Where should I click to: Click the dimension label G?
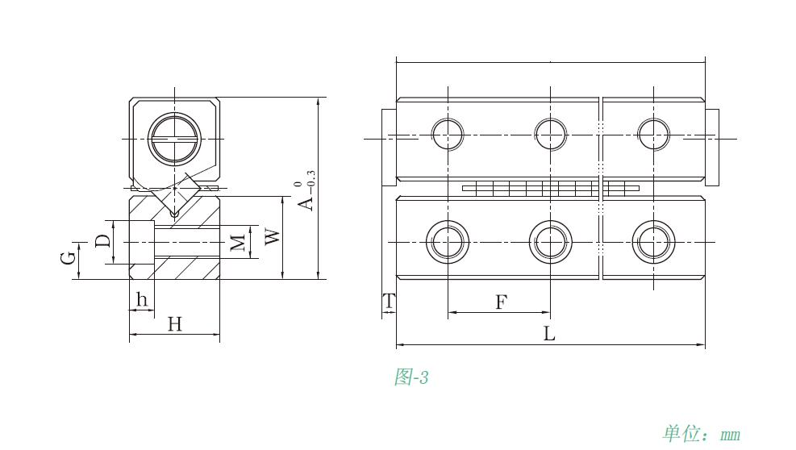point(69,258)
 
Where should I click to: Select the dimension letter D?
point(102,241)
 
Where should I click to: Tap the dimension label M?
point(237,242)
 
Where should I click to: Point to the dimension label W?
point(273,237)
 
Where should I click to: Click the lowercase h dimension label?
point(142,300)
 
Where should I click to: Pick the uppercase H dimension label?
point(174,324)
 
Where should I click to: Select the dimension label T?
point(389,302)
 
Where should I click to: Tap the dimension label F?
point(501,302)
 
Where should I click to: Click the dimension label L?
point(548,334)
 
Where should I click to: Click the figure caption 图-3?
point(411,377)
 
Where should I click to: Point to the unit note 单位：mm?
point(701,434)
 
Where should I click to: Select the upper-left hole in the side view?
point(448,134)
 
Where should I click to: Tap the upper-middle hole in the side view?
point(551,134)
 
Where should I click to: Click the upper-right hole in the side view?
point(653,134)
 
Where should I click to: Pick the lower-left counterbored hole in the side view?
point(447,241)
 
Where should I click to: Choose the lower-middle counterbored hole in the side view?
point(551,241)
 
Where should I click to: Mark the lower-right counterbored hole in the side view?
point(653,241)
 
